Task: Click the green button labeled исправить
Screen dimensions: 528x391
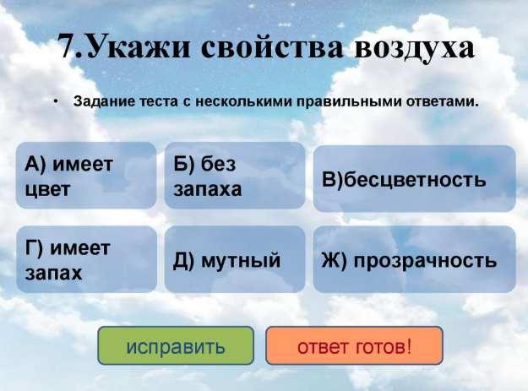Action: point(176,345)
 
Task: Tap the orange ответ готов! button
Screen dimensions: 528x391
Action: point(354,345)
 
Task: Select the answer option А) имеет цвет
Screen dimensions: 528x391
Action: point(86,176)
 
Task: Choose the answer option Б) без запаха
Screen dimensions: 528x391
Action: point(235,176)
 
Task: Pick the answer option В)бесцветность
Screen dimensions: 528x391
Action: point(415,179)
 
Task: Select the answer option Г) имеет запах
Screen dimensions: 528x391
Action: point(86,259)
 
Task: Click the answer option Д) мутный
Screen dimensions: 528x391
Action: point(235,259)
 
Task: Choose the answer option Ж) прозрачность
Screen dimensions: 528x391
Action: point(415,259)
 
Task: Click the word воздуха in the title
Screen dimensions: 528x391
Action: point(415,47)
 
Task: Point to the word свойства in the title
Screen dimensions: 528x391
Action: point(272,47)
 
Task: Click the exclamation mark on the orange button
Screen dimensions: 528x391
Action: point(409,346)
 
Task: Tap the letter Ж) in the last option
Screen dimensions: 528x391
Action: point(334,260)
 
